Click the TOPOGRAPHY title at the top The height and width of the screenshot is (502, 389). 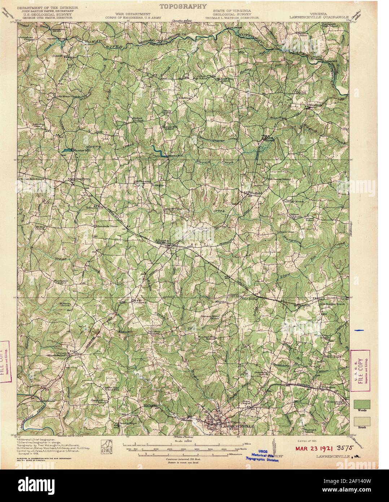pos(183,6)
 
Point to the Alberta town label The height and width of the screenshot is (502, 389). pos(162,239)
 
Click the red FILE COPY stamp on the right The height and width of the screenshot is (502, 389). pos(360,368)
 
